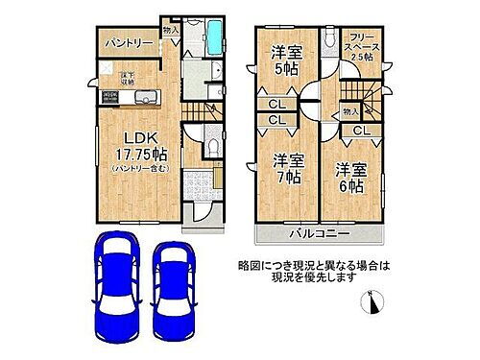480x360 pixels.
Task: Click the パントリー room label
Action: (x=124, y=44)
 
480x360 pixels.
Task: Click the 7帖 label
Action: (x=288, y=177)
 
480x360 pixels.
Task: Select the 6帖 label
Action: (x=348, y=186)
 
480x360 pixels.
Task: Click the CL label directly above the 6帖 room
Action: (x=365, y=131)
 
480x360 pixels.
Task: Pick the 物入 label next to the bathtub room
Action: (x=172, y=31)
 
